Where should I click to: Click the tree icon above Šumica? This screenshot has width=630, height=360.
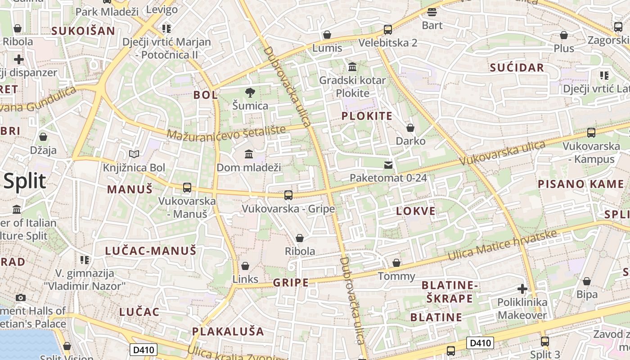[x=250, y=93]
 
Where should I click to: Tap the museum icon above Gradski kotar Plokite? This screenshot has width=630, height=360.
[x=352, y=67]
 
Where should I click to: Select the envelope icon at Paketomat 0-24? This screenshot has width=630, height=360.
[x=388, y=165]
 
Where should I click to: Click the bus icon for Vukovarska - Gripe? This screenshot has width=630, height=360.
[x=288, y=195]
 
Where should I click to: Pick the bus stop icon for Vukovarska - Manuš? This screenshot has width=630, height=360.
[x=187, y=188]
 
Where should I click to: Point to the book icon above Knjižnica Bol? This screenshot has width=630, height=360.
[x=134, y=154]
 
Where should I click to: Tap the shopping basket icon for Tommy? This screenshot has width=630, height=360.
[x=396, y=263]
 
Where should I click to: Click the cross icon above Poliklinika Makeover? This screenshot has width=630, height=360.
[x=522, y=288]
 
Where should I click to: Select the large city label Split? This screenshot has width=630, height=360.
[x=25, y=181]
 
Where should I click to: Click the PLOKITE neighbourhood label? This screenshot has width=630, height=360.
[x=367, y=116]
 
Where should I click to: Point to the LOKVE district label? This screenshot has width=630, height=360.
[x=416, y=211]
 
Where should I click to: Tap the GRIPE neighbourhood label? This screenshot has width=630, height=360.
[x=291, y=283]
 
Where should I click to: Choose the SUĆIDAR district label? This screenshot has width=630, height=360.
[x=517, y=68]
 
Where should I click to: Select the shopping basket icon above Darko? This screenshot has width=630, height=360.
[x=410, y=128]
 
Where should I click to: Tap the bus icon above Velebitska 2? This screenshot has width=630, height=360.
[x=387, y=30]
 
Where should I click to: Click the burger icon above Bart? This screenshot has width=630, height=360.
[x=432, y=12]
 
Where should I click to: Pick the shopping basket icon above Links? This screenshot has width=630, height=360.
[x=245, y=266]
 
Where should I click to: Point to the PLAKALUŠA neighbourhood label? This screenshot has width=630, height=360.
[x=228, y=332]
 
